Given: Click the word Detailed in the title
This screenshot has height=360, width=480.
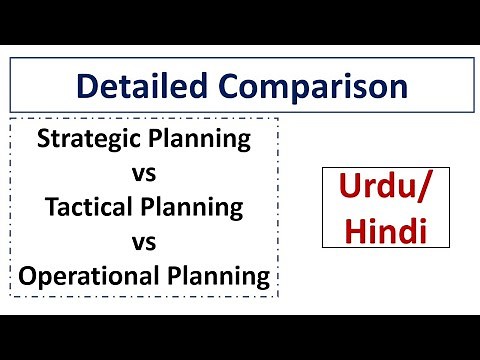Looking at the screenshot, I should pos(134,86).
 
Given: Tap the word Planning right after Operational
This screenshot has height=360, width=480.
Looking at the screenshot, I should pos(221,275).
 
